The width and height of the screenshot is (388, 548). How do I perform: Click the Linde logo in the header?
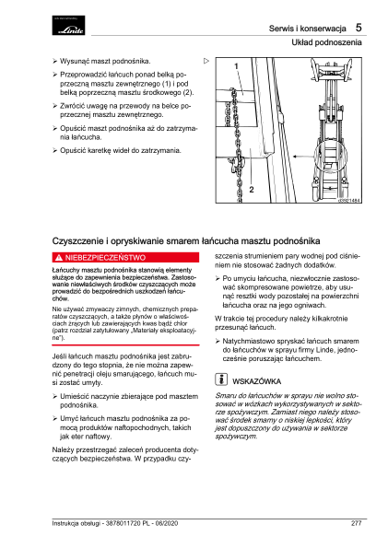click(68, 25)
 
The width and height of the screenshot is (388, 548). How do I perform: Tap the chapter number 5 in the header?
click(359, 28)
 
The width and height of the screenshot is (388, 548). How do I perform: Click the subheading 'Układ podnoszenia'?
click(327, 42)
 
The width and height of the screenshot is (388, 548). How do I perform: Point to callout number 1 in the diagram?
click(236, 66)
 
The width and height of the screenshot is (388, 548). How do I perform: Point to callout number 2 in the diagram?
click(252, 190)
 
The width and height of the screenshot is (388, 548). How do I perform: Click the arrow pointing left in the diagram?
click(303, 157)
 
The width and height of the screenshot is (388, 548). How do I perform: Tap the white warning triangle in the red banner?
click(59, 258)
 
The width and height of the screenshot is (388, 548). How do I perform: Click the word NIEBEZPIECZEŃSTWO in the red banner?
click(105, 258)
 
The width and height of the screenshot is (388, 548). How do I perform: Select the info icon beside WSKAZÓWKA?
click(221, 379)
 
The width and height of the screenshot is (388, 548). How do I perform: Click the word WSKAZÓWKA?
click(257, 381)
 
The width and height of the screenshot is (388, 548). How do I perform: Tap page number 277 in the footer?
click(357, 523)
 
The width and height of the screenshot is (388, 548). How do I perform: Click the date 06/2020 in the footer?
click(167, 523)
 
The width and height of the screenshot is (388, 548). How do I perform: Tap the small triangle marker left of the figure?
click(206, 61)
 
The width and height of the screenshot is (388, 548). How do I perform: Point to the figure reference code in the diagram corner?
click(349, 200)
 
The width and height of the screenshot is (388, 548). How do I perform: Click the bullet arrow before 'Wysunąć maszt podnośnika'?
click(55, 62)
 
